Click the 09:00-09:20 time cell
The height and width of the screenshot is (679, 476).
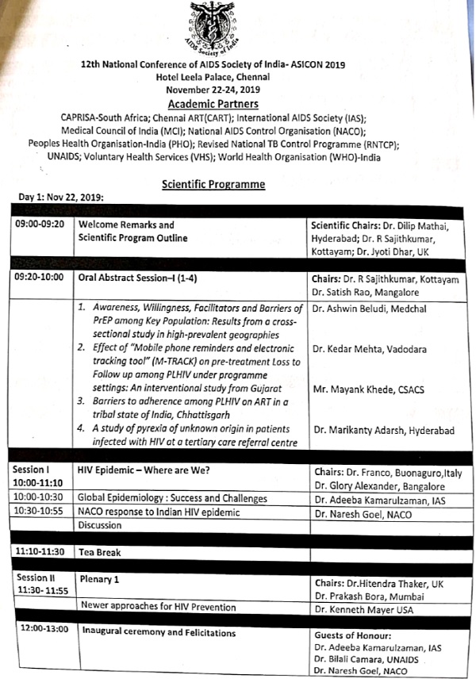point(41,224)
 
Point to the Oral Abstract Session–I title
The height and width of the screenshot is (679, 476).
point(136,280)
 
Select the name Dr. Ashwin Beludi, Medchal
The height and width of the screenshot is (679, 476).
point(370,309)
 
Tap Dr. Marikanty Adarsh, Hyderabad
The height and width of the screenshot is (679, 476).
point(384,430)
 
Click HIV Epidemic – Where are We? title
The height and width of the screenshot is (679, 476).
point(144,470)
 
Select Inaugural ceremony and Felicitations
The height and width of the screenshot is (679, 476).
point(157,633)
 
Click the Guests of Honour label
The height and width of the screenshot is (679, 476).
point(352,635)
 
